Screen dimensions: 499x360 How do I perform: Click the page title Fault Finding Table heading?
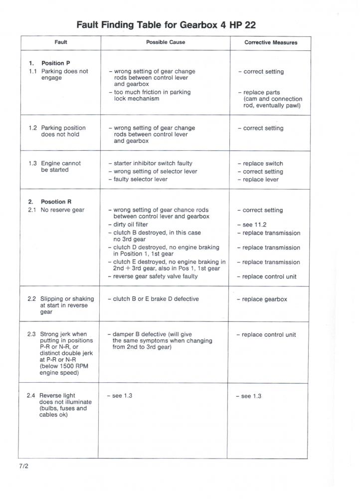166,24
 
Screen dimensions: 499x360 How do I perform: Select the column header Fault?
61,42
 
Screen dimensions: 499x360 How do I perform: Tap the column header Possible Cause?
165,42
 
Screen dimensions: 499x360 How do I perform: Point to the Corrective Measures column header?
271,43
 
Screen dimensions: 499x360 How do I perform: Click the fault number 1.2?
33,128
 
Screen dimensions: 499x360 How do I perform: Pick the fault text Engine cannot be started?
60,167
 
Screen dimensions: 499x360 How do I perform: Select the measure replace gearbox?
264,299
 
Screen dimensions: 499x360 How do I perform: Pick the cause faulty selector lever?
140,179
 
